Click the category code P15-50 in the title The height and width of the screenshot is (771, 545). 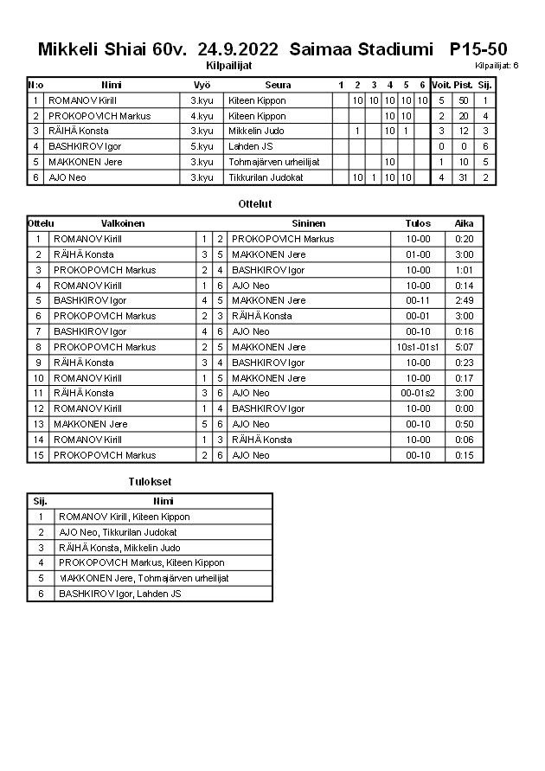click(478, 49)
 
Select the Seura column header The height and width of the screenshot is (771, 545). click(278, 85)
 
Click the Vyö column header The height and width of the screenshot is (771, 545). click(202, 85)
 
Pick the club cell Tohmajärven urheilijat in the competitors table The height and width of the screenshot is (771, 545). click(274, 162)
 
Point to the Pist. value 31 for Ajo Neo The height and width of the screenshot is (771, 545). click(463, 177)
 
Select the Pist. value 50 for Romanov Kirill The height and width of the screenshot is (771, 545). click(463, 100)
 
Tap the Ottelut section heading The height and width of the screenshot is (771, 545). click(254, 204)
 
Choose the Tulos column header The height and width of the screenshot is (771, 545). click(418, 223)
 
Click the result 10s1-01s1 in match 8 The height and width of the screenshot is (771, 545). click(418, 347)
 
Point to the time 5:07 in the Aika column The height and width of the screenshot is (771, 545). click(465, 347)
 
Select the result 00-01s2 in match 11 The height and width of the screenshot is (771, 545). click(418, 393)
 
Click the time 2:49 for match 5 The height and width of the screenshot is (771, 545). click(465, 300)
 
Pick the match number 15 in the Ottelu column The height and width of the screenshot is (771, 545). click(38, 455)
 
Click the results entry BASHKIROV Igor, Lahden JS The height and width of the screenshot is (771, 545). click(119, 594)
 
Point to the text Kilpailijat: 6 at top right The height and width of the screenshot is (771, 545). click(497, 66)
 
